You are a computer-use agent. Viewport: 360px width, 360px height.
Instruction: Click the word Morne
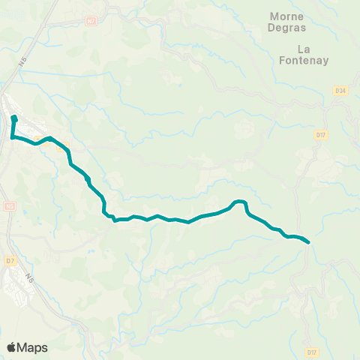(x=286, y=16)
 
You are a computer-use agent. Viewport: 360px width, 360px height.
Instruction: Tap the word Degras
(x=286, y=28)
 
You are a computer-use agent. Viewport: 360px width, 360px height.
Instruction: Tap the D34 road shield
(x=341, y=91)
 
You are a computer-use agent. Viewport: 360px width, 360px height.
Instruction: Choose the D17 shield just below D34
(x=321, y=135)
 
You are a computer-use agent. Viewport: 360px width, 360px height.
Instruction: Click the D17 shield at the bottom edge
(x=312, y=351)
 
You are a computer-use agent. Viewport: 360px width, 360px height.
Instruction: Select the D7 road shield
(x=10, y=260)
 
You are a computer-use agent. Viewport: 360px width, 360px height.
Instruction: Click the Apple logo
(x=12, y=347)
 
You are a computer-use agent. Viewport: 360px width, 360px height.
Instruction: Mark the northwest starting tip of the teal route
(x=14, y=118)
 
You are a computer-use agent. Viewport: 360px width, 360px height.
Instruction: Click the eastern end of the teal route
(x=308, y=241)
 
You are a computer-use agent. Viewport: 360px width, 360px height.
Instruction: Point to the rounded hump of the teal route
(x=240, y=202)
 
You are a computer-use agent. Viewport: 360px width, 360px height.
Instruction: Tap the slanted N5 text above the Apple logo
(x=31, y=278)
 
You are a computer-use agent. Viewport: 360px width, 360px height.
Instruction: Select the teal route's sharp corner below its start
(x=12, y=136)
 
